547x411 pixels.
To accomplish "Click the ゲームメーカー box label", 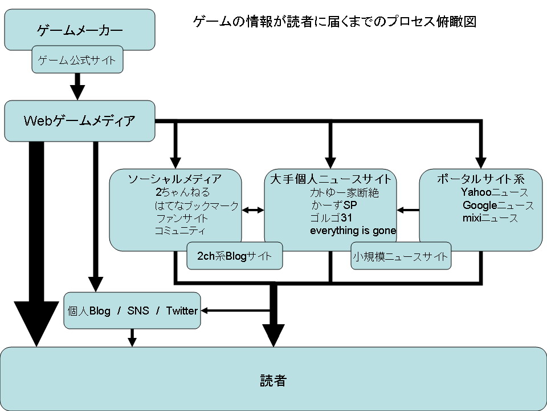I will coord(80,30).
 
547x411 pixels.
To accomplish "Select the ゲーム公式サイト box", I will coord(77,59).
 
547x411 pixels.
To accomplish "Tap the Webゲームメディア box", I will coord(80,120).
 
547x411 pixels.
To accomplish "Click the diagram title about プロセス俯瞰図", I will coord(334,22).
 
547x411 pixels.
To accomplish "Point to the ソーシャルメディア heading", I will coord(174,179).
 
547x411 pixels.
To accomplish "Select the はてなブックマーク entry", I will coord(197,205).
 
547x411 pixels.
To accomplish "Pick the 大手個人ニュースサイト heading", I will coord(330,179).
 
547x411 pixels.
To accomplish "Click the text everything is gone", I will coord(353,231).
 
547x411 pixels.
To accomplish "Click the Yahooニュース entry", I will coord(494,192).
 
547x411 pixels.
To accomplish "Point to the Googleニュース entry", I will coord(498,205).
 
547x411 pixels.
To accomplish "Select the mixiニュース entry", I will coord(490,218).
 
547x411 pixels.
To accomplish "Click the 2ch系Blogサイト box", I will coord(234,256).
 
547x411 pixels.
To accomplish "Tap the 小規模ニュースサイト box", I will coord(401,257).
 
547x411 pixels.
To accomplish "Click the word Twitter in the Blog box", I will coord(182,311).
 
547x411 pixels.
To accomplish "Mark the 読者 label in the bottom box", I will coord(273,380).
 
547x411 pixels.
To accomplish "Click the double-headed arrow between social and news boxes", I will coord(253,210).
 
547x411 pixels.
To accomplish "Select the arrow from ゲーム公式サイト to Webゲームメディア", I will coord(77,87).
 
